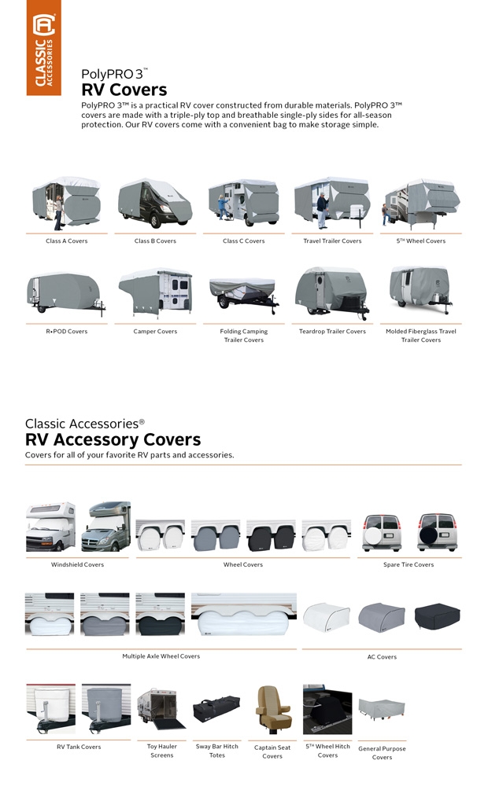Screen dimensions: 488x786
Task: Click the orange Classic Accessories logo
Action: pyautogui.click(x=43, y=48)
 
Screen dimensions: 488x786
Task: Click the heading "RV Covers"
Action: pyautogui.click(x=124, y=90)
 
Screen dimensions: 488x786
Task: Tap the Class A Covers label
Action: pyautogui.click(x=67, y=241)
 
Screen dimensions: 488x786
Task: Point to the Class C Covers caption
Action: pyautogui.click(x=244, y=241)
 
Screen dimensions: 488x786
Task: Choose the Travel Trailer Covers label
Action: pyautogui.click(x=332, y=241)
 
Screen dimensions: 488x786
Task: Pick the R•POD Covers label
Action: pyautogui.click(x=67, y=332)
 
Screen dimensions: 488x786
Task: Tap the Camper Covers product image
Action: pyautogui.click(x=155, y=292)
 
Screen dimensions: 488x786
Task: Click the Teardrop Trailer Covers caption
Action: pyautogui.click(x=332, y=332)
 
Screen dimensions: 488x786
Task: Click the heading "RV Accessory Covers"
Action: pyautogui.click(x=113, y=439)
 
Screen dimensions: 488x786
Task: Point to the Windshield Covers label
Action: pyautogui.click(x=77, y=564)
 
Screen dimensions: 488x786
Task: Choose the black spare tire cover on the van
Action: pyautogui.click(x=437, y=534)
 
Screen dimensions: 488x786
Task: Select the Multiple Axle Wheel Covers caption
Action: pyautogui.click(x=161, y=656)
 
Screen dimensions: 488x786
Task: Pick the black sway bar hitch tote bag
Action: pyautogui.click(x=217, y=709)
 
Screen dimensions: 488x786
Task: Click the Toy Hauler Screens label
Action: pyautogui.click(x=161, y=751)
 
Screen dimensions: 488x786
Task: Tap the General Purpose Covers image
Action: pyautogui.click(x=382, y=707)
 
